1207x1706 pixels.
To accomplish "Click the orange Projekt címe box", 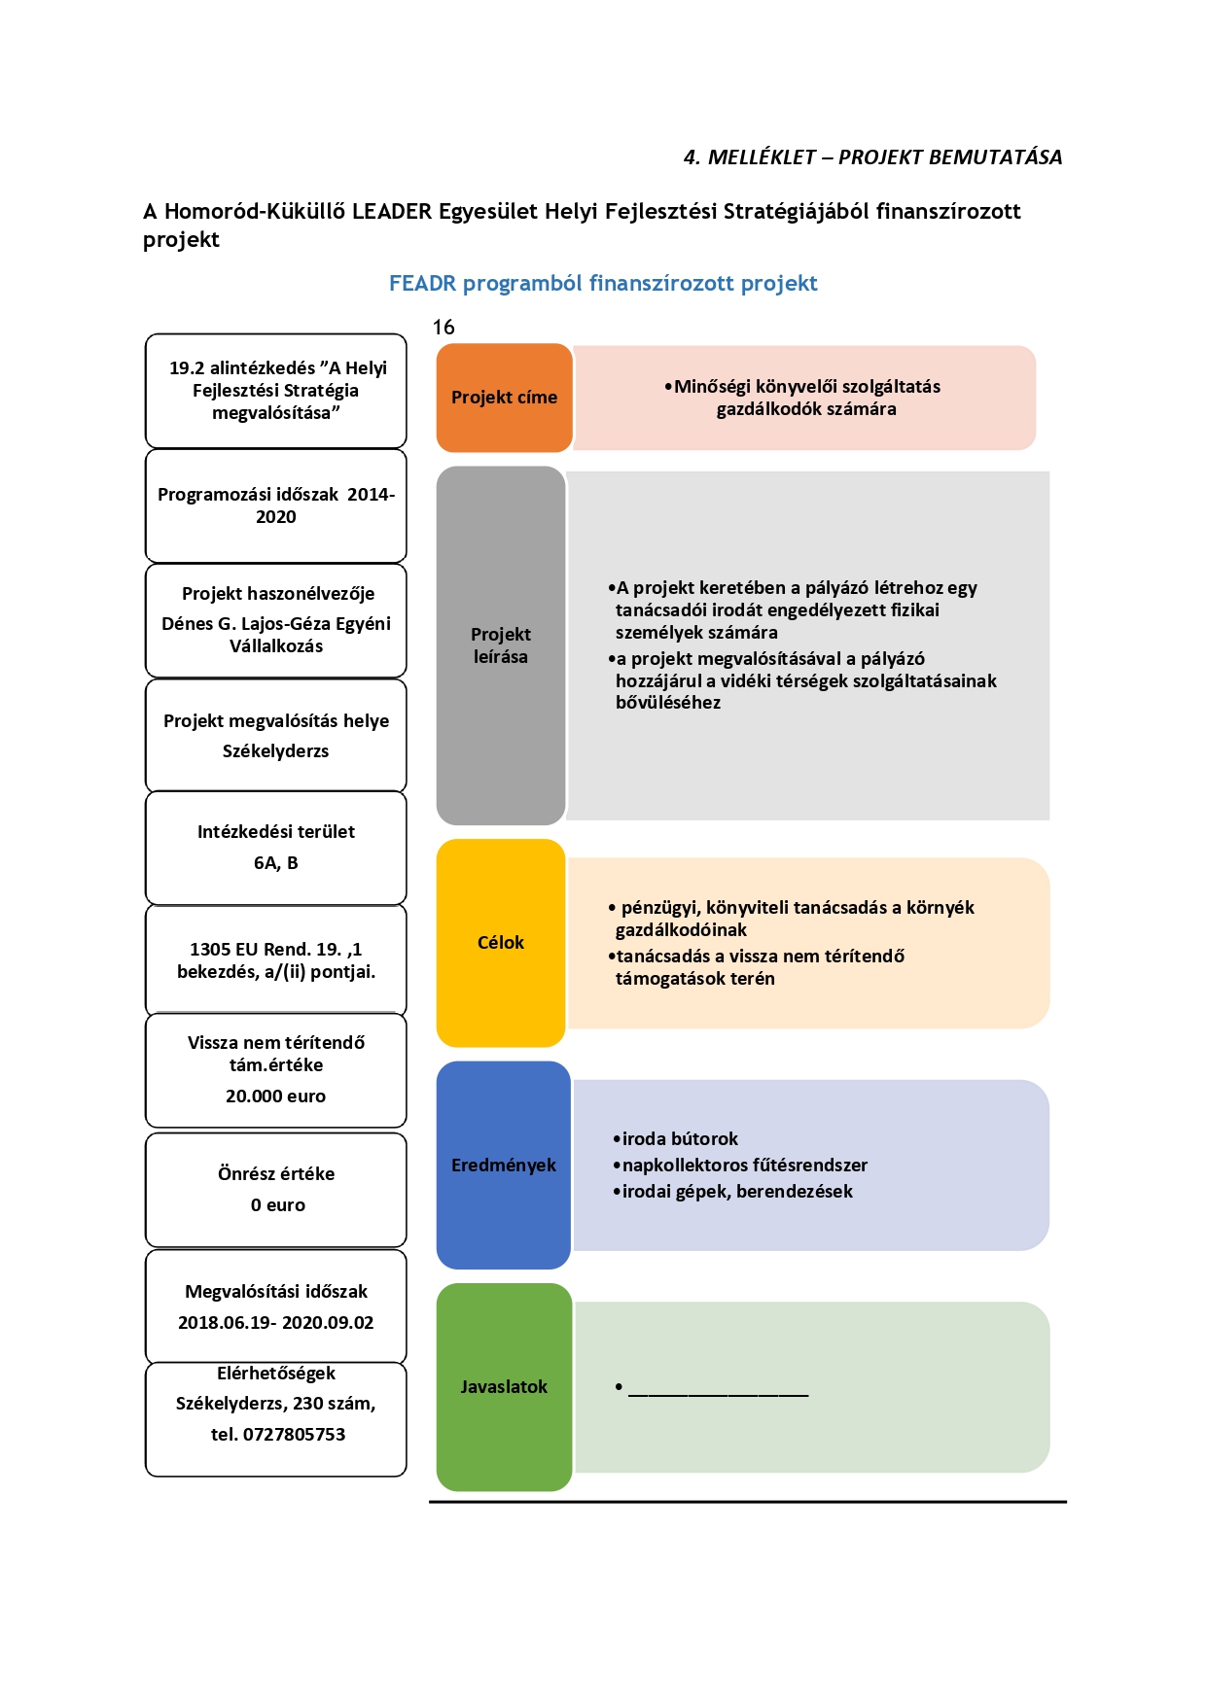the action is click(x=504, y=398).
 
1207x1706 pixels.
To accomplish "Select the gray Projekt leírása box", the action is click(x=501, y=645).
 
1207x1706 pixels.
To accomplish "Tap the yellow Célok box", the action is click(x=501, y=943).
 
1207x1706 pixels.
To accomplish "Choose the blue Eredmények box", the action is click(x=504, y=1165).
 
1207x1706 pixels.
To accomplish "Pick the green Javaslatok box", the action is click(x=504, y=1387).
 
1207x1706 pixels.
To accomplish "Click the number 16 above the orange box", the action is click(x=444, y=328).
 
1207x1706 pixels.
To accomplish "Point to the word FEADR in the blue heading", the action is click(x=422, y=284).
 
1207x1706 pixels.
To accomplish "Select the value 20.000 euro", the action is click(x=276, y=1097).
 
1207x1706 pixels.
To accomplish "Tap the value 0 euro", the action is click(x=278, y=1205).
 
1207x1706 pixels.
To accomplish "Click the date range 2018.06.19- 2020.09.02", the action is click(x=276, y=1323).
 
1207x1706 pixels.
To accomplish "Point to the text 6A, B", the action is click(x=276, y=863).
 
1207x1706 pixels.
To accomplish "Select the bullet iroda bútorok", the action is click(x=675, y=1139).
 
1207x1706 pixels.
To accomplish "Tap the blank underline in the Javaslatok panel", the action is click(x=718, y=1396).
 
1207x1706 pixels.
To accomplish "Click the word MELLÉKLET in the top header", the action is click(x=762, y=157).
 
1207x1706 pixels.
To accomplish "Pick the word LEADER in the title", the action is click(x=391, y=212).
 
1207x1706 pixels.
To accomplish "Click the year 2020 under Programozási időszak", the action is click(x=276, y=517).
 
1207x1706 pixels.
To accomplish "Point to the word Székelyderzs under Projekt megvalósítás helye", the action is click(x=276, y=751).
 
